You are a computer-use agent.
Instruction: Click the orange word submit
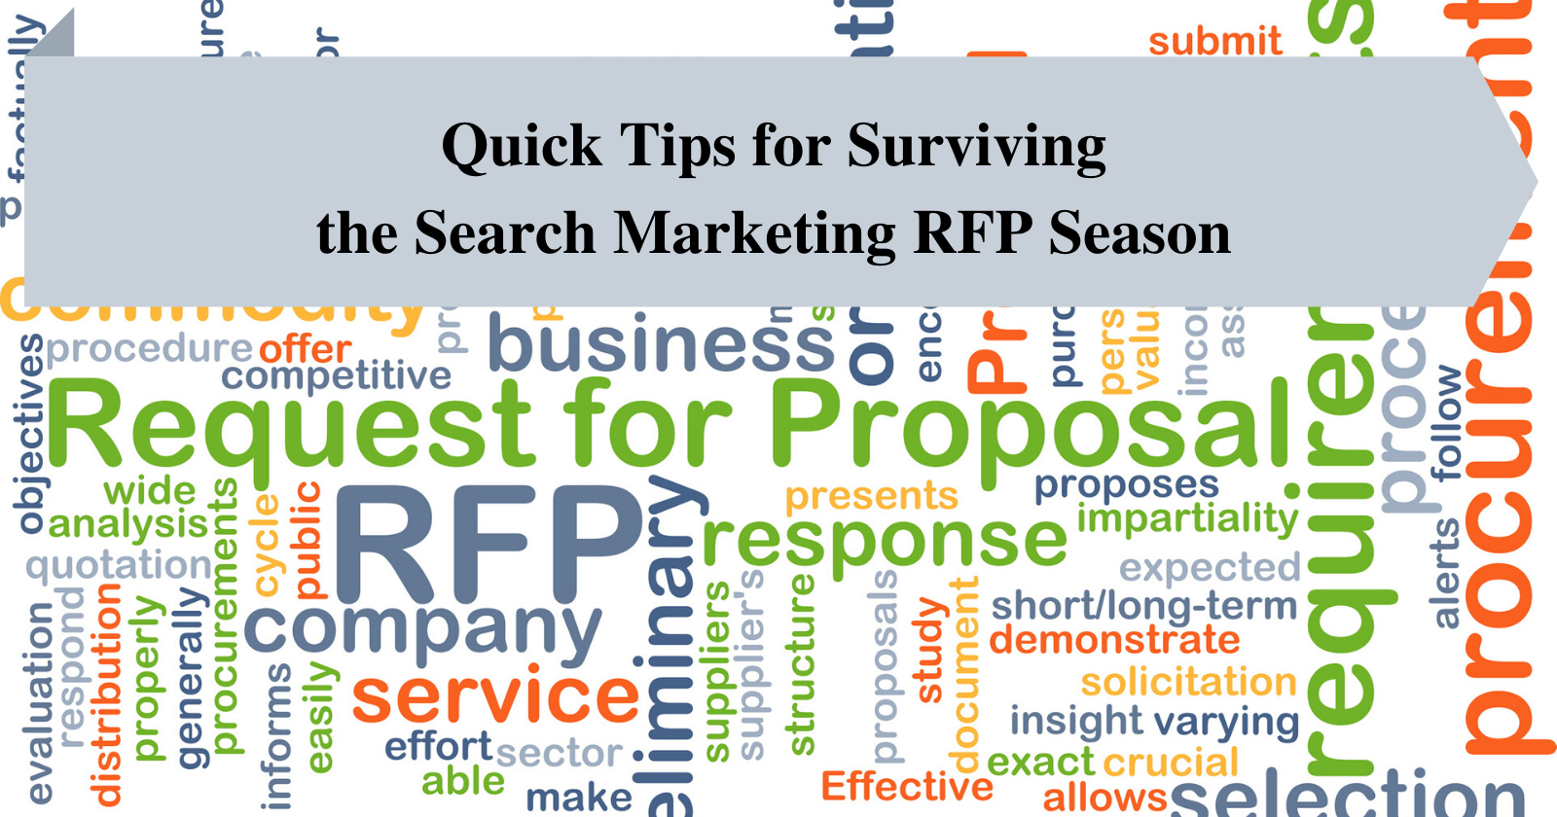(x=1214, y=42)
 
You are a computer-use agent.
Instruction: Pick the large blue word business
(x=662, y=345)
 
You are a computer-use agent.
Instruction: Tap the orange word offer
(x=305, y=348)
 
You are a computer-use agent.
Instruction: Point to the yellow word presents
(x=871, y=496)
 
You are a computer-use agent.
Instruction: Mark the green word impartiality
(x=1187, y=518)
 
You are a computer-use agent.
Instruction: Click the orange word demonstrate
(x=1114, y=640)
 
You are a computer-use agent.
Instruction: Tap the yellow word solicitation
(x=1188, y=682)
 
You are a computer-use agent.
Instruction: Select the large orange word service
(x=495, y=696)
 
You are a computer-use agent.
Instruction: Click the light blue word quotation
(x=119, y=564)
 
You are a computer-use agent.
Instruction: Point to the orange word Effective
(x=907, y=786)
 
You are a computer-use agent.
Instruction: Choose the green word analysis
(x=128, y=525)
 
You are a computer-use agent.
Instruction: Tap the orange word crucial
(x=1171, y=763)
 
